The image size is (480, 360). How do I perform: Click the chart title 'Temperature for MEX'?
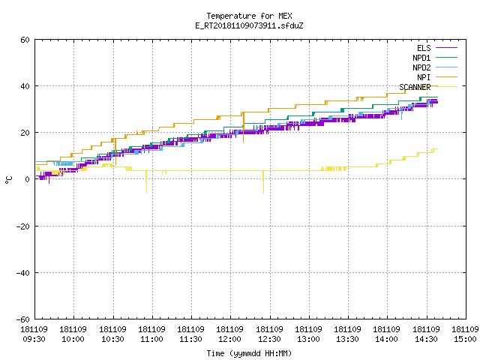coord(249,16)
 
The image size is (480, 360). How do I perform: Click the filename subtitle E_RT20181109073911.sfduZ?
coord(249,25)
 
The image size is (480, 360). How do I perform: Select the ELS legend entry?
coord(436,48)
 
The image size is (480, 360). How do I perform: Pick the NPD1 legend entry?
coord(435,58)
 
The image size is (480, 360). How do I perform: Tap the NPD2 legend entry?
coord(435,67)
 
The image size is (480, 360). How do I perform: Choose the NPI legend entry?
coord(436,77)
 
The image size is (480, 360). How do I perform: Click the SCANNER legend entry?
coord(428,87)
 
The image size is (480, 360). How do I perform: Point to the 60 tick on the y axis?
coord(25,40)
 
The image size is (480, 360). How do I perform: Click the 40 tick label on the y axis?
coord(25,86)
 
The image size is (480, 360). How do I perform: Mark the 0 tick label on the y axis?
coord(28,179)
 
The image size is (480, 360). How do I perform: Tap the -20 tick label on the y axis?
coord(23,226)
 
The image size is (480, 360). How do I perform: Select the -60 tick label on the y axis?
coord(23,319)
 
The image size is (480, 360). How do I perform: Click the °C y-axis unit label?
coord(9,180)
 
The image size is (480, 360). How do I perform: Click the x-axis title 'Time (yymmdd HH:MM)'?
coord(249,353)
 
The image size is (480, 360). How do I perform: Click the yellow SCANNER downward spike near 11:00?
coord(146,181)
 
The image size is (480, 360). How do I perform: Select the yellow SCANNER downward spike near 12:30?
coord(263,181)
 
